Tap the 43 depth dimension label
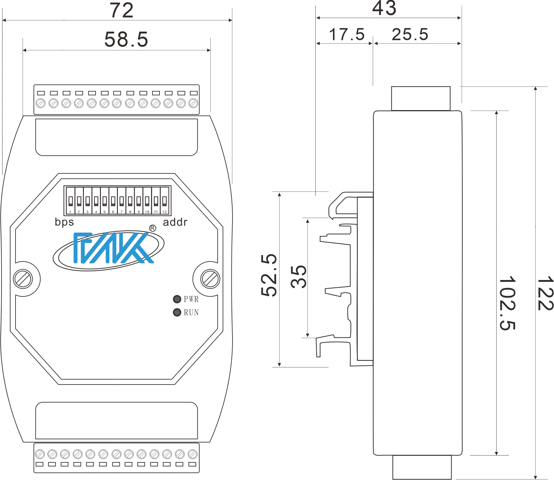tap(385, 9)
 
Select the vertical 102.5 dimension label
tap(508, 304)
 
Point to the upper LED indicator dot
tap(177, 299)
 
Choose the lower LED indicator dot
tap(177, 312)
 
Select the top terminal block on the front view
tap(116, 99)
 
